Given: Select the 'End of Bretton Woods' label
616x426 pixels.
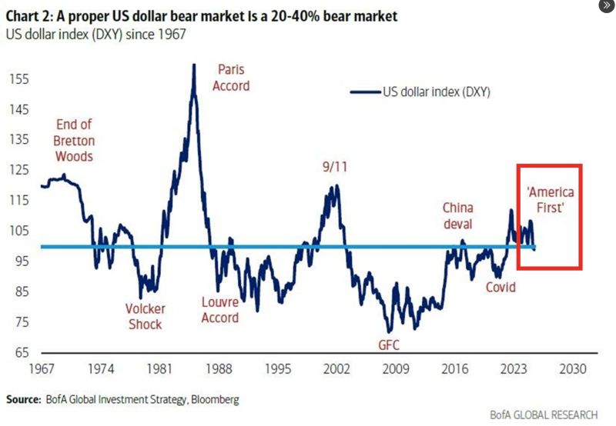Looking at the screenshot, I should pyautogui.click(x=74, y=141).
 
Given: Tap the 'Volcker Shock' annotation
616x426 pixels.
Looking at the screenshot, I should pyautogui.click(x=146, y=317).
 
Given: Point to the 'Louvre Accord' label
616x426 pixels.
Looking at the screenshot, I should pyautogui.click(x=219, y=310).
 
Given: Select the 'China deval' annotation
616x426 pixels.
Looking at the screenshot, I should pyautogui.click(x=458, y=216).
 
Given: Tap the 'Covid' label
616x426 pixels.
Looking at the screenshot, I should pyautogui.click(x=500, y=287).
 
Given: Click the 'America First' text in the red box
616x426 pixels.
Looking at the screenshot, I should pyautogui.click(x=550, y=199).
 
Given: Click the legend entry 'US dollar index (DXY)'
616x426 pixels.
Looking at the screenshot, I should pyautogui.click(x=436, y=92).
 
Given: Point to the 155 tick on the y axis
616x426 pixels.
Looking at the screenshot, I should pyautogui.click(x=21, y=79).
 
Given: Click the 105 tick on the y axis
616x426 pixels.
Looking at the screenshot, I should pyautogui.click(x=21, y=231).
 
